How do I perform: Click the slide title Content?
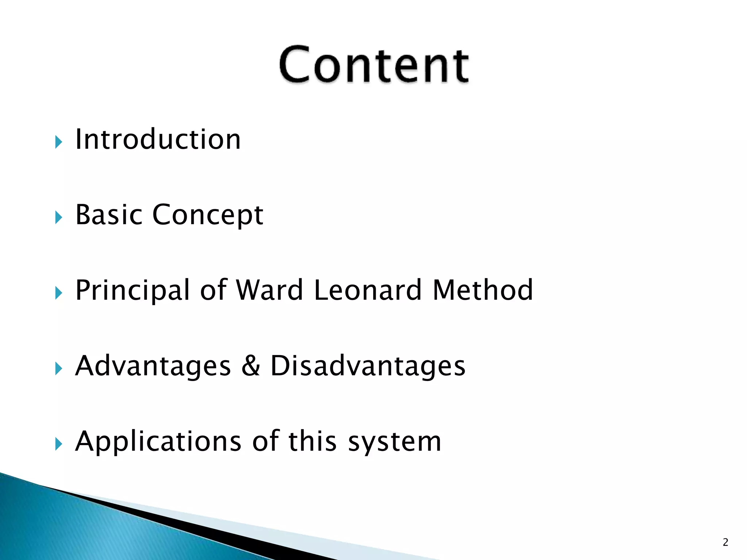pos(374,65)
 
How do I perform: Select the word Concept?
pos(208,215)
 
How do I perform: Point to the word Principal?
pos(133,291)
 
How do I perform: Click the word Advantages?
pos(153,366)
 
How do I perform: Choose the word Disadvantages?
pos(368,366)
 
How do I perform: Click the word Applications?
pos(158,442)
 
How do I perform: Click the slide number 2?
pos(725,542)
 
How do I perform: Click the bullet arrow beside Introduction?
pos(59,142)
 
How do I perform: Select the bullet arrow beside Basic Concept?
pos(59,218)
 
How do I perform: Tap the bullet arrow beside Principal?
pos(59,293)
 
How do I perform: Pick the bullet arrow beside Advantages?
pos(59,369)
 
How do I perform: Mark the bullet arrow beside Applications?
pos(59,444)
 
